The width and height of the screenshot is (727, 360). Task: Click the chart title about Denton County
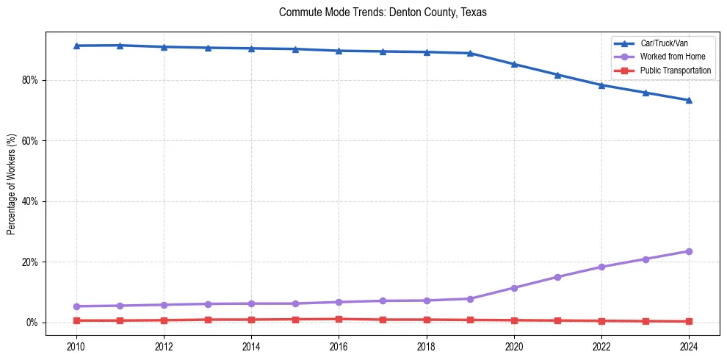383,12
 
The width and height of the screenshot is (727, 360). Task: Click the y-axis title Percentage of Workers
11,184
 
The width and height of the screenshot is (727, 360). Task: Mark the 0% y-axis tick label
32,323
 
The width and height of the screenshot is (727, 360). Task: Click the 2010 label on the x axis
76,346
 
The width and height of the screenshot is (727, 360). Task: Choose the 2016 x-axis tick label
339,346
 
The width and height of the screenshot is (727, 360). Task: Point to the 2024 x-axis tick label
689,346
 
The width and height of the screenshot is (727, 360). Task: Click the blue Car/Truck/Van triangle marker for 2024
689,100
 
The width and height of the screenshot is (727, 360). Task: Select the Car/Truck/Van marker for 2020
514,64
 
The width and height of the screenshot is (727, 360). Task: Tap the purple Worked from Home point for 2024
689,251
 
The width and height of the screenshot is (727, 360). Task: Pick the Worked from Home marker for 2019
470,299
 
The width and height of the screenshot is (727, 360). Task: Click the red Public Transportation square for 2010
76,320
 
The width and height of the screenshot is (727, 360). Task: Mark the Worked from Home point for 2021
557,277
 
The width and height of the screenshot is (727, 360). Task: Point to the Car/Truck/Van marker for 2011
120,46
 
